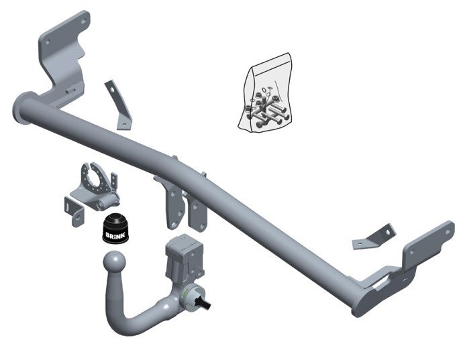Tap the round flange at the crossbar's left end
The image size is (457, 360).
[x=23, y=109]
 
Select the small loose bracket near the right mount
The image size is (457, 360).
[x=374, y=237]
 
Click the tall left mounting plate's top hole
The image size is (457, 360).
[x=83, y=21]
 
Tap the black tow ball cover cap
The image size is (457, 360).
[x=115, y=228]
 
